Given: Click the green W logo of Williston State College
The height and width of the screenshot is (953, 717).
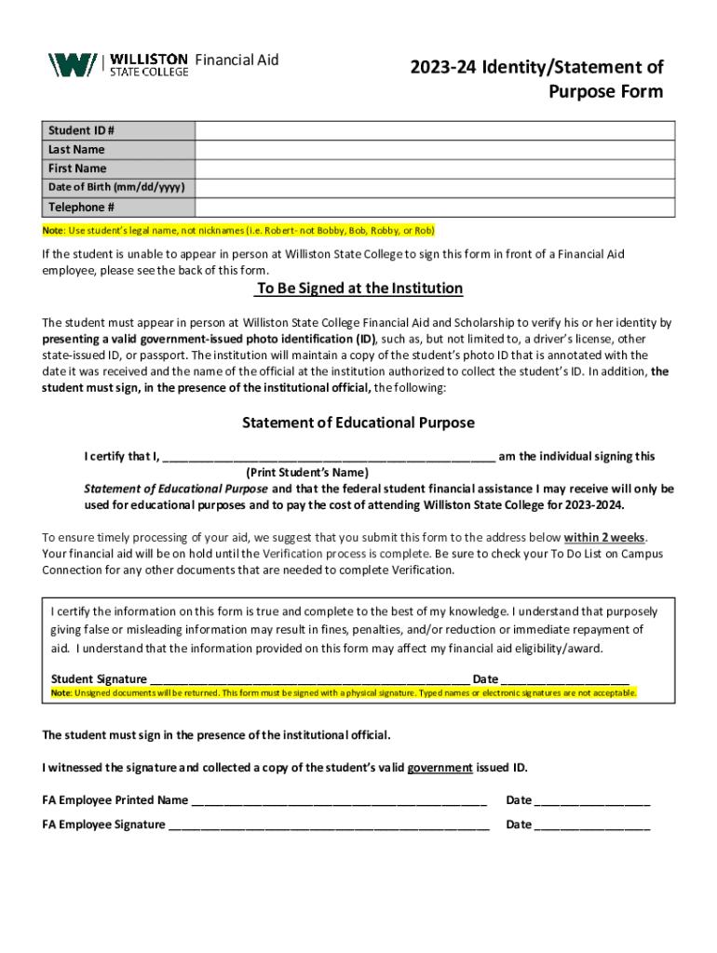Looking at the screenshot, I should (72, 64).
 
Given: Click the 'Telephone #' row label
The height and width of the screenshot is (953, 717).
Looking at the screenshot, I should (82, 208).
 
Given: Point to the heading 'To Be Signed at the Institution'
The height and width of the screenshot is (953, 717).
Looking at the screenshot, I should (358, 289).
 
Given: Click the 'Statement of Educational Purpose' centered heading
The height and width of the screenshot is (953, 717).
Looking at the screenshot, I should (358, 423).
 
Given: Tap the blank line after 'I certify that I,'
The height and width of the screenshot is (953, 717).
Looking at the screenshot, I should (329, 457).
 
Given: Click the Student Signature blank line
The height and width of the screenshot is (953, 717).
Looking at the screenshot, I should (309, 679).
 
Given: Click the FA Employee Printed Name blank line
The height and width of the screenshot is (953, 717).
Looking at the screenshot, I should (338, 800).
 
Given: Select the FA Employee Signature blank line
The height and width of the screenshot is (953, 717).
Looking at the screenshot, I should (329, 825).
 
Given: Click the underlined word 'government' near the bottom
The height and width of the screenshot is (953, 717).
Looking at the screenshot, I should (440, 768).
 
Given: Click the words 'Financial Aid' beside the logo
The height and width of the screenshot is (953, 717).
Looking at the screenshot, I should (237, 60).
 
